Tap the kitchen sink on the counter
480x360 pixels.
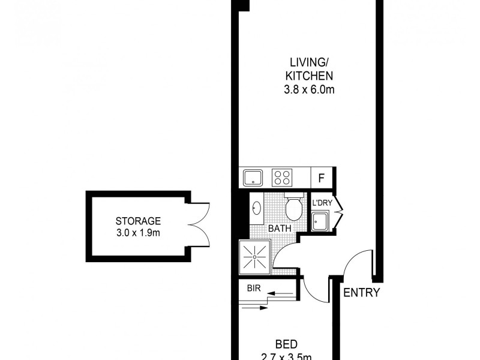pyautogui.click(x=253, y=178)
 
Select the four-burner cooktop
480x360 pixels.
pyautogui.click(x=281, y=178)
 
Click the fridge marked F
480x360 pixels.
pyautogui.click(x=322, y=178)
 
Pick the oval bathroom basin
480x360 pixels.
pyautogui.click(x=256, y=208)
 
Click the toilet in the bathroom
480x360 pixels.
pyautogui.click(x=293, y=208)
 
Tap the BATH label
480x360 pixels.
pyautogui.click(x=280, y=229)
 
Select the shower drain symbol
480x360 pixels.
pyautogui.click(x=255, y=257)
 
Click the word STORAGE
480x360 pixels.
pyautogui.click(x=139, y=220)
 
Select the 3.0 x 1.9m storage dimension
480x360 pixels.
pyautogui.click(x=139, y=232)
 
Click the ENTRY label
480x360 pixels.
pyautogui.click(x=362, y=293)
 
